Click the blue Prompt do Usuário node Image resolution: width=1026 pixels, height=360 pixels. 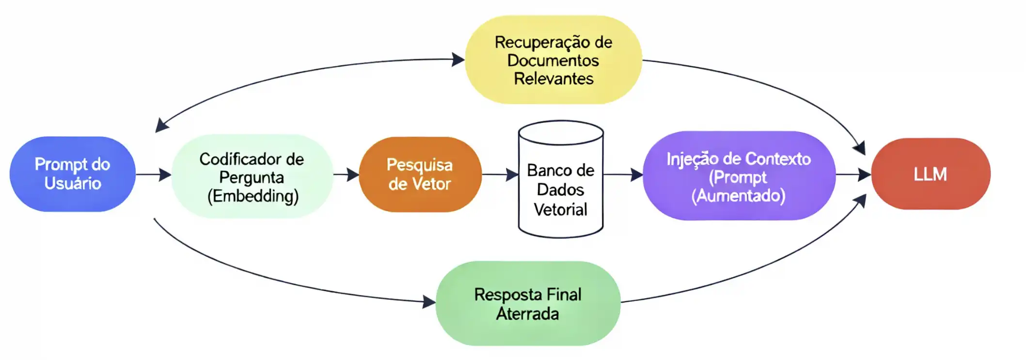tap(72, 174)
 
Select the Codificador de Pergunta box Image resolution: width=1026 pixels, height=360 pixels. tap(252, 177)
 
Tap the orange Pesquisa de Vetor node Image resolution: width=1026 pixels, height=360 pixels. tap(420, 174)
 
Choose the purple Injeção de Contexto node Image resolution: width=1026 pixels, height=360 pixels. tap(739, 176)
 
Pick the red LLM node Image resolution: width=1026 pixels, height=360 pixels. tap(931, 174)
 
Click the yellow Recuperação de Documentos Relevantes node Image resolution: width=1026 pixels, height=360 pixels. tap(553, 60)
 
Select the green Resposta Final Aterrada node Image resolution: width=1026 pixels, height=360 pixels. tap(528, 304)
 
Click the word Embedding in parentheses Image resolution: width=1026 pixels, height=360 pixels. tap(253, 196)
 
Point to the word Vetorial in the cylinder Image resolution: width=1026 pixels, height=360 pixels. tap(560, 210)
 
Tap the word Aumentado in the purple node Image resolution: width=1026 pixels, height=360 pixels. tap(738, 196)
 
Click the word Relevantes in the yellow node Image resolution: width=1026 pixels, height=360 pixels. tap(553, 78)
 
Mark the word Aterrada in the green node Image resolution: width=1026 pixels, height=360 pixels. tap(527, 314)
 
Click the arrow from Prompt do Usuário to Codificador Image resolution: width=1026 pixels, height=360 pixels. tap(153, 174)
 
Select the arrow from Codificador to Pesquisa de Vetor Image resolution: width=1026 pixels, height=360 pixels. tap(346, 174)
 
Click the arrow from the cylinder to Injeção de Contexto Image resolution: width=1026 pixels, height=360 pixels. tap(623, 174)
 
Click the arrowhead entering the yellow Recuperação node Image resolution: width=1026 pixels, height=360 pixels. tap(458, 60)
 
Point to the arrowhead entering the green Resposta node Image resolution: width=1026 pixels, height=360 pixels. tap(429, 302)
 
